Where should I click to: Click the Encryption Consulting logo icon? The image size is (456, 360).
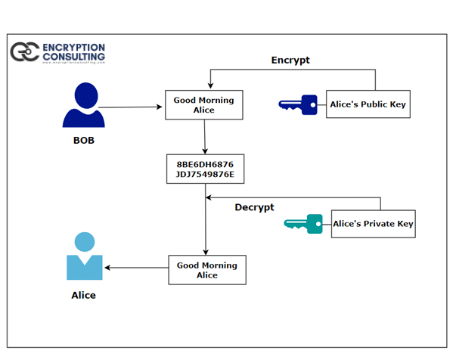click(x=23, y=51)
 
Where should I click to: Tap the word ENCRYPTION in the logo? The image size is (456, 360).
click(x=73, y=47)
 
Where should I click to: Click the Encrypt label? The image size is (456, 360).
click(x=290, y=60)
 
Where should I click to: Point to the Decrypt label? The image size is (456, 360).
click(x=254, y=207)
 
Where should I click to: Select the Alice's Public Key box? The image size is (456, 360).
click(x=368, y=104)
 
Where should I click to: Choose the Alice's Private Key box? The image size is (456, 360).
click(x=373, y=224)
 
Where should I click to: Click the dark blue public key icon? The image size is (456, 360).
click(x=299, y=104)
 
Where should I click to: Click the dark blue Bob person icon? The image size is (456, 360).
click(x=82, y=106)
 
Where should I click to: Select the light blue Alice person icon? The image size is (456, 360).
click(x=84, y=256)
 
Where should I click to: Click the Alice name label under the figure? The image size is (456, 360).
click(x=83, y=295)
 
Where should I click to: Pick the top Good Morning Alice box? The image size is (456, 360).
click(x=203, y=104)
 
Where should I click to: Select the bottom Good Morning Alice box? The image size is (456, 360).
click(x=206, y=270)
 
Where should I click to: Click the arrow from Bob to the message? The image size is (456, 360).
click(x=132, y=107)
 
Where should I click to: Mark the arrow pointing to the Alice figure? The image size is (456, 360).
click(x=136, y=268)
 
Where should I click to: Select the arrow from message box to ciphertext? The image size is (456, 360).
click(x=204, y=137)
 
